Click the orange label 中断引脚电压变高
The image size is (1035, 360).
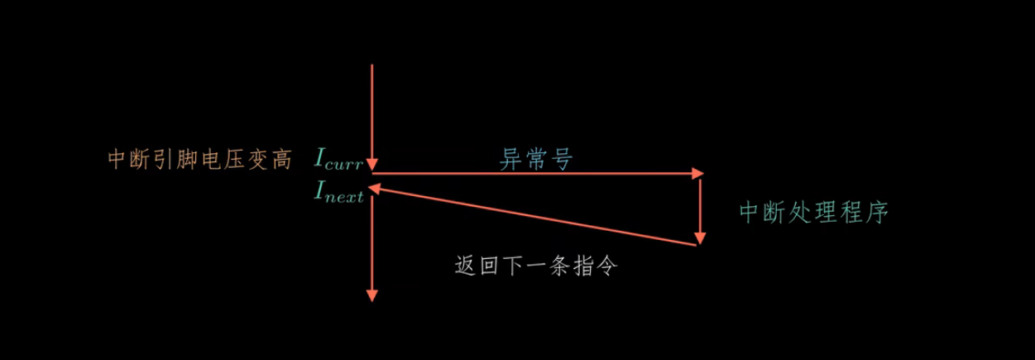pos(199,159)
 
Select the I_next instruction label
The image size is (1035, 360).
pos(338,194)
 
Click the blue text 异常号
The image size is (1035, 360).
pos(536,159)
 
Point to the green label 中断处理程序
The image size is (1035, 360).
pos(813,213)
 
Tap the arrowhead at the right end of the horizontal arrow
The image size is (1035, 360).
pos(697,173)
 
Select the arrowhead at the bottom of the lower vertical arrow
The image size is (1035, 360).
pos(372,295)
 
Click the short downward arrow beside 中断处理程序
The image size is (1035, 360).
pos(701,207)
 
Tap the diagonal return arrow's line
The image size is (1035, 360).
pos(538,217)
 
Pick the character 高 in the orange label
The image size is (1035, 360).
pos(281,159)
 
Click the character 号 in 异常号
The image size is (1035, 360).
pos(563,159)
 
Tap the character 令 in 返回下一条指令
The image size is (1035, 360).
pos(608,266)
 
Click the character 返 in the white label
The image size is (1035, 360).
pos(465,266)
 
